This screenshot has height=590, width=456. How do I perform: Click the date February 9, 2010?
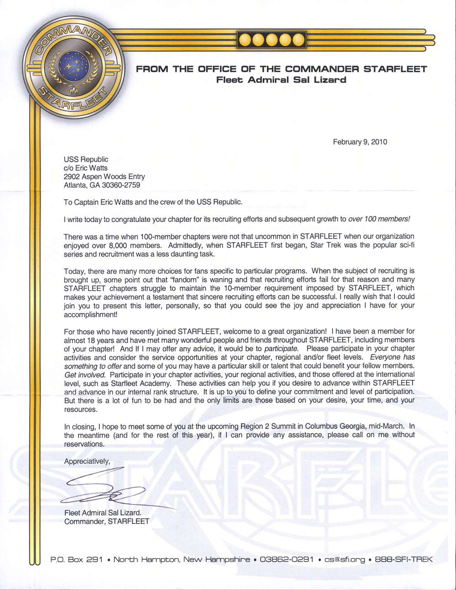360,142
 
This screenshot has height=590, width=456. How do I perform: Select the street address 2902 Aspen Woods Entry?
104,176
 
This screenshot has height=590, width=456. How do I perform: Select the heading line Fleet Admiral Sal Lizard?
281,80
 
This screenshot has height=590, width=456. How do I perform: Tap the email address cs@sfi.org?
345,559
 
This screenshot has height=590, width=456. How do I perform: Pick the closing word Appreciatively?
87,461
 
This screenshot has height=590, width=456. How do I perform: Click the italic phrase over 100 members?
379,219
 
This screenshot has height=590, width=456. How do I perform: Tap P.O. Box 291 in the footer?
76,559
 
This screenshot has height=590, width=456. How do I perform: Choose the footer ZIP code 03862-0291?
286,559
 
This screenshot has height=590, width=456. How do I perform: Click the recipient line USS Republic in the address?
86,159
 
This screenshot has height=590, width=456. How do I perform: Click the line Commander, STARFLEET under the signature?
107,521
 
